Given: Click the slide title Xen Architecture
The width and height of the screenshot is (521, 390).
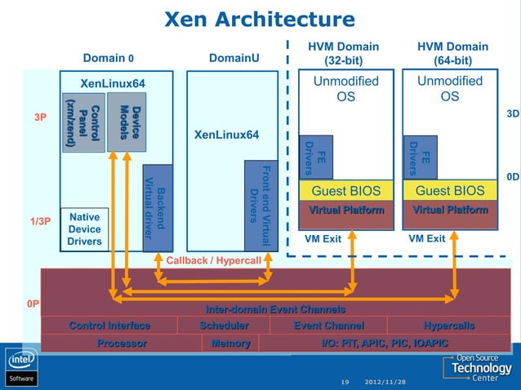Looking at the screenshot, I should [260, 19].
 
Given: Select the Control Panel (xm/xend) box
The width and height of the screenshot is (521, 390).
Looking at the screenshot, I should [83, 123].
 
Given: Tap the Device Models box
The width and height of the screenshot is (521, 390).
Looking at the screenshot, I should [126, 122].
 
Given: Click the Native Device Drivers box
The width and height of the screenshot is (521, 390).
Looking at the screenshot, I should [84, 229].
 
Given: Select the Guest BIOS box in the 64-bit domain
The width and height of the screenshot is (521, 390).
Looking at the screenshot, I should [450, 191].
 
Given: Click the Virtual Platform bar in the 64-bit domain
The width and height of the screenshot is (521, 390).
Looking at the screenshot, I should [450, 210].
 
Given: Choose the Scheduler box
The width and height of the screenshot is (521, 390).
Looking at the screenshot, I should [224, 326].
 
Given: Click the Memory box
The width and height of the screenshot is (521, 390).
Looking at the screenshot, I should [230, 343].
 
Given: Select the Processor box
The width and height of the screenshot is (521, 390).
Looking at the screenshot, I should [122, 343].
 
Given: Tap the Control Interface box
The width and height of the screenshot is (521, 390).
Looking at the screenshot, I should [109, 326].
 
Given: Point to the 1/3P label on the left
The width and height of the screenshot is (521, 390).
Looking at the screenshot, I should [40, 221].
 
